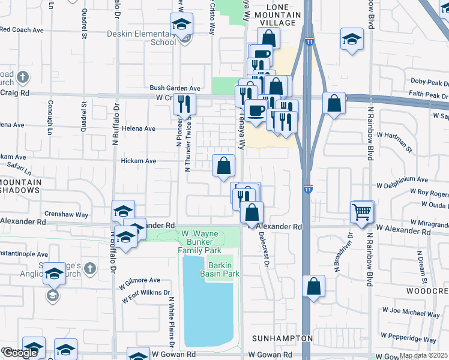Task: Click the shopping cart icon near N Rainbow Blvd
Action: (362, 212)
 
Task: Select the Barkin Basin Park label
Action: (223, 269)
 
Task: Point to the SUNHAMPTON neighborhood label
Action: (282, 338)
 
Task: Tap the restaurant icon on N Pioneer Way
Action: (185, 103)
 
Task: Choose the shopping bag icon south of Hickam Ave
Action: (223, 165)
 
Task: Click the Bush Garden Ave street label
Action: (175, 88)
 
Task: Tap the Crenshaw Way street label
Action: (66, 214)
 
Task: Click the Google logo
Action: (20, 353)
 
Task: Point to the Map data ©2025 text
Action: (423, 355)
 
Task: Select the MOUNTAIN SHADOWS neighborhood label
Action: (20, 185)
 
